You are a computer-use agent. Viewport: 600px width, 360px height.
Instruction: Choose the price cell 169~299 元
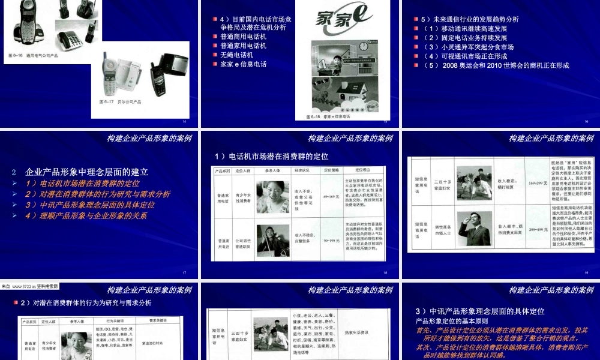[535, 181]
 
